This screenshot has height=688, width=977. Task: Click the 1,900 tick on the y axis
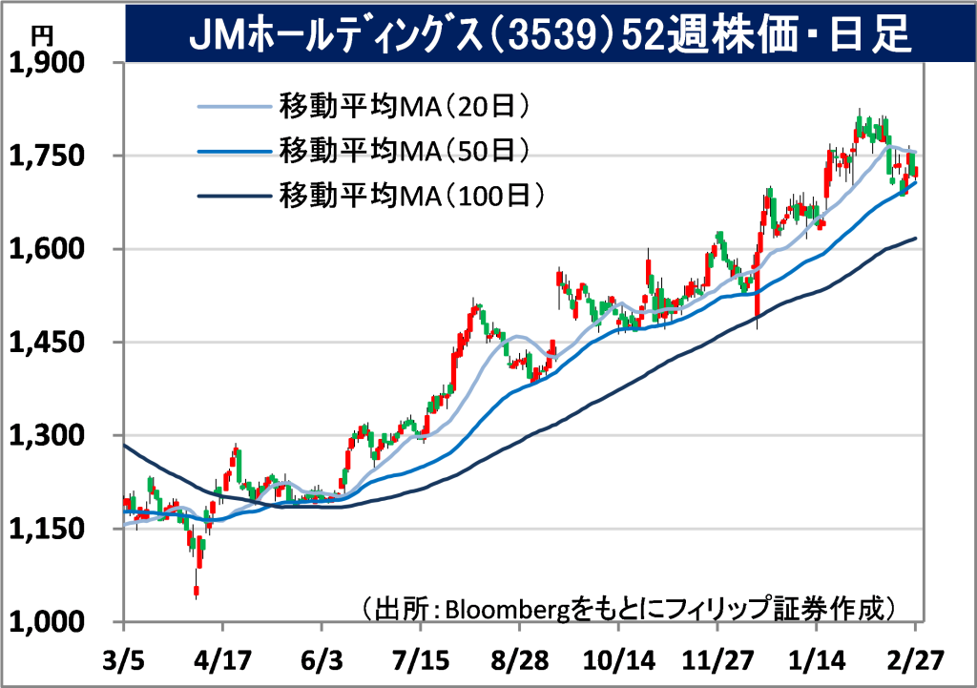click(x=46, y=63)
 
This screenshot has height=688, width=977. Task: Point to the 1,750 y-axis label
click(x=46, y=156)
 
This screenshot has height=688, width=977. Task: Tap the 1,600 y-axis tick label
click(x=46, y=249)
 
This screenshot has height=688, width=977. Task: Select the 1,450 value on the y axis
click(x=46, y=343)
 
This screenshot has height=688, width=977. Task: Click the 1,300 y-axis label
click(x=46, y=436)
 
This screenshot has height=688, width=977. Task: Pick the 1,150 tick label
click(x=46, y=529)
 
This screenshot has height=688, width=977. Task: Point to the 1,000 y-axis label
click(x=46, y=621)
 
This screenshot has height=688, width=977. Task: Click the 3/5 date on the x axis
click(x=123, y=660)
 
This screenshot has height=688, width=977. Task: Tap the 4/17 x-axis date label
click(x=222, y=660)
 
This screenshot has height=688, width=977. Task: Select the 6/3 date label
click(x=322, y=660)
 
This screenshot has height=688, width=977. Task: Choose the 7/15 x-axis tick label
click(x=421, y=660)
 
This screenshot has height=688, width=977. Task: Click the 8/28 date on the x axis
click(x=520, y=660)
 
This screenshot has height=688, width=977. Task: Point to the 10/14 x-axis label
click(x=618, y=660)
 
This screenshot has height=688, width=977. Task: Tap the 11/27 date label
click(x=717, y=660)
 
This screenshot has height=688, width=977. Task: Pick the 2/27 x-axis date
click(x=915, y=660)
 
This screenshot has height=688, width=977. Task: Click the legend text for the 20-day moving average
click(x=405, y=107)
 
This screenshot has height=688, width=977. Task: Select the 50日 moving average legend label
click(x=405, y=150)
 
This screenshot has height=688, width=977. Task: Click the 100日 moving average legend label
click(x=412, y=196)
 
